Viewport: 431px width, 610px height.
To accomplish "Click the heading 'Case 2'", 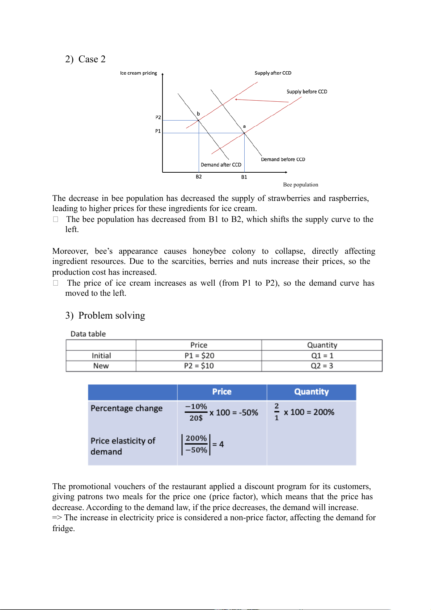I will coord(92,59).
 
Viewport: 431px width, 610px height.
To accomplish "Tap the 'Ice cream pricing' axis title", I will coord(139,73).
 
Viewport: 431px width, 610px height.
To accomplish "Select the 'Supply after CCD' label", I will coord(273,73).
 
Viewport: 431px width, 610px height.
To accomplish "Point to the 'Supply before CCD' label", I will coord(307,92).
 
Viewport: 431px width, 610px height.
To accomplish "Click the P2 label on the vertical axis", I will coord(158,117).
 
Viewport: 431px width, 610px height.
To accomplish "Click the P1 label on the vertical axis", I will coord(158,131).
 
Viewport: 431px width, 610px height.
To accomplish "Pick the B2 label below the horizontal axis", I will coord(199,177).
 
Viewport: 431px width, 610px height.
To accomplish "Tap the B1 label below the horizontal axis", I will coord(244,177).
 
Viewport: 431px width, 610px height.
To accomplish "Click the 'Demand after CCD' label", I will coord(221,165).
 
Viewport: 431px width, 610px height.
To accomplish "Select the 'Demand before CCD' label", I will coord(283,159).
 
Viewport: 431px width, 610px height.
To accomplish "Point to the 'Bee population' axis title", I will coord(300,185).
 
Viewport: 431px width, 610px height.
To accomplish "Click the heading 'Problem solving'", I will coord(111,315).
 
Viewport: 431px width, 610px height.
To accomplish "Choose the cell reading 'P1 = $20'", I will coord(199,356).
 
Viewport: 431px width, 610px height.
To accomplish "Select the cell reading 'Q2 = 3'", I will coord(322,366).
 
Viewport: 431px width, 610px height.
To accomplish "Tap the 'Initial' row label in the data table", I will coord(101,356).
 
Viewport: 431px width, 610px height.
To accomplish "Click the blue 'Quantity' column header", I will coord(311,392).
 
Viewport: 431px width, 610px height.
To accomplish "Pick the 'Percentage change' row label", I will coord(127,408).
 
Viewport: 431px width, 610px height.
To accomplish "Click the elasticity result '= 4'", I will coord(218,444).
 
